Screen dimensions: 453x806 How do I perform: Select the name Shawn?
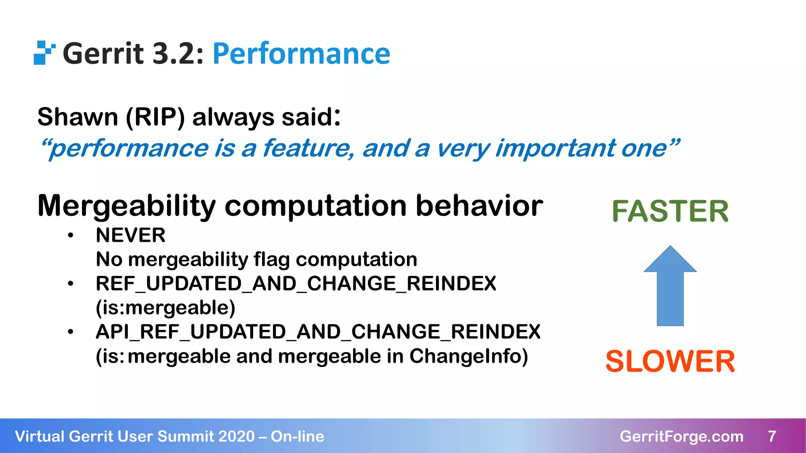coord(78,117)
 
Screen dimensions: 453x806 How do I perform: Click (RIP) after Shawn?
coord(155,117)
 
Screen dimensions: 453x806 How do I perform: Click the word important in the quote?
coord(555,148)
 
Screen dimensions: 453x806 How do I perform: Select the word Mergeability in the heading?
coord(126,206)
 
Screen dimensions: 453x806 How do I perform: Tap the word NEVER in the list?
coord(130,236)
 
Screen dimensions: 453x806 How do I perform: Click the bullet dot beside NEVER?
coord(70,236)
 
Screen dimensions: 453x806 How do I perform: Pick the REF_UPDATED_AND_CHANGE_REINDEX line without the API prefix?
coord(296,284)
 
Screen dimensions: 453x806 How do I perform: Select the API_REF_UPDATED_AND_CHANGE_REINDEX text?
coord(318,331)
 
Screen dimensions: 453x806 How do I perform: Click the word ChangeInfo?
coord(468,356)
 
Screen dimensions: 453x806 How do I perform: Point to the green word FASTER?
coord(670,211)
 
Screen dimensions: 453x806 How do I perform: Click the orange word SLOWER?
coord(670,361)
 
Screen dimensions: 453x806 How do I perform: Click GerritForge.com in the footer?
coord(681,436)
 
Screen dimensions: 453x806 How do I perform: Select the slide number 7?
coord(772,436)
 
